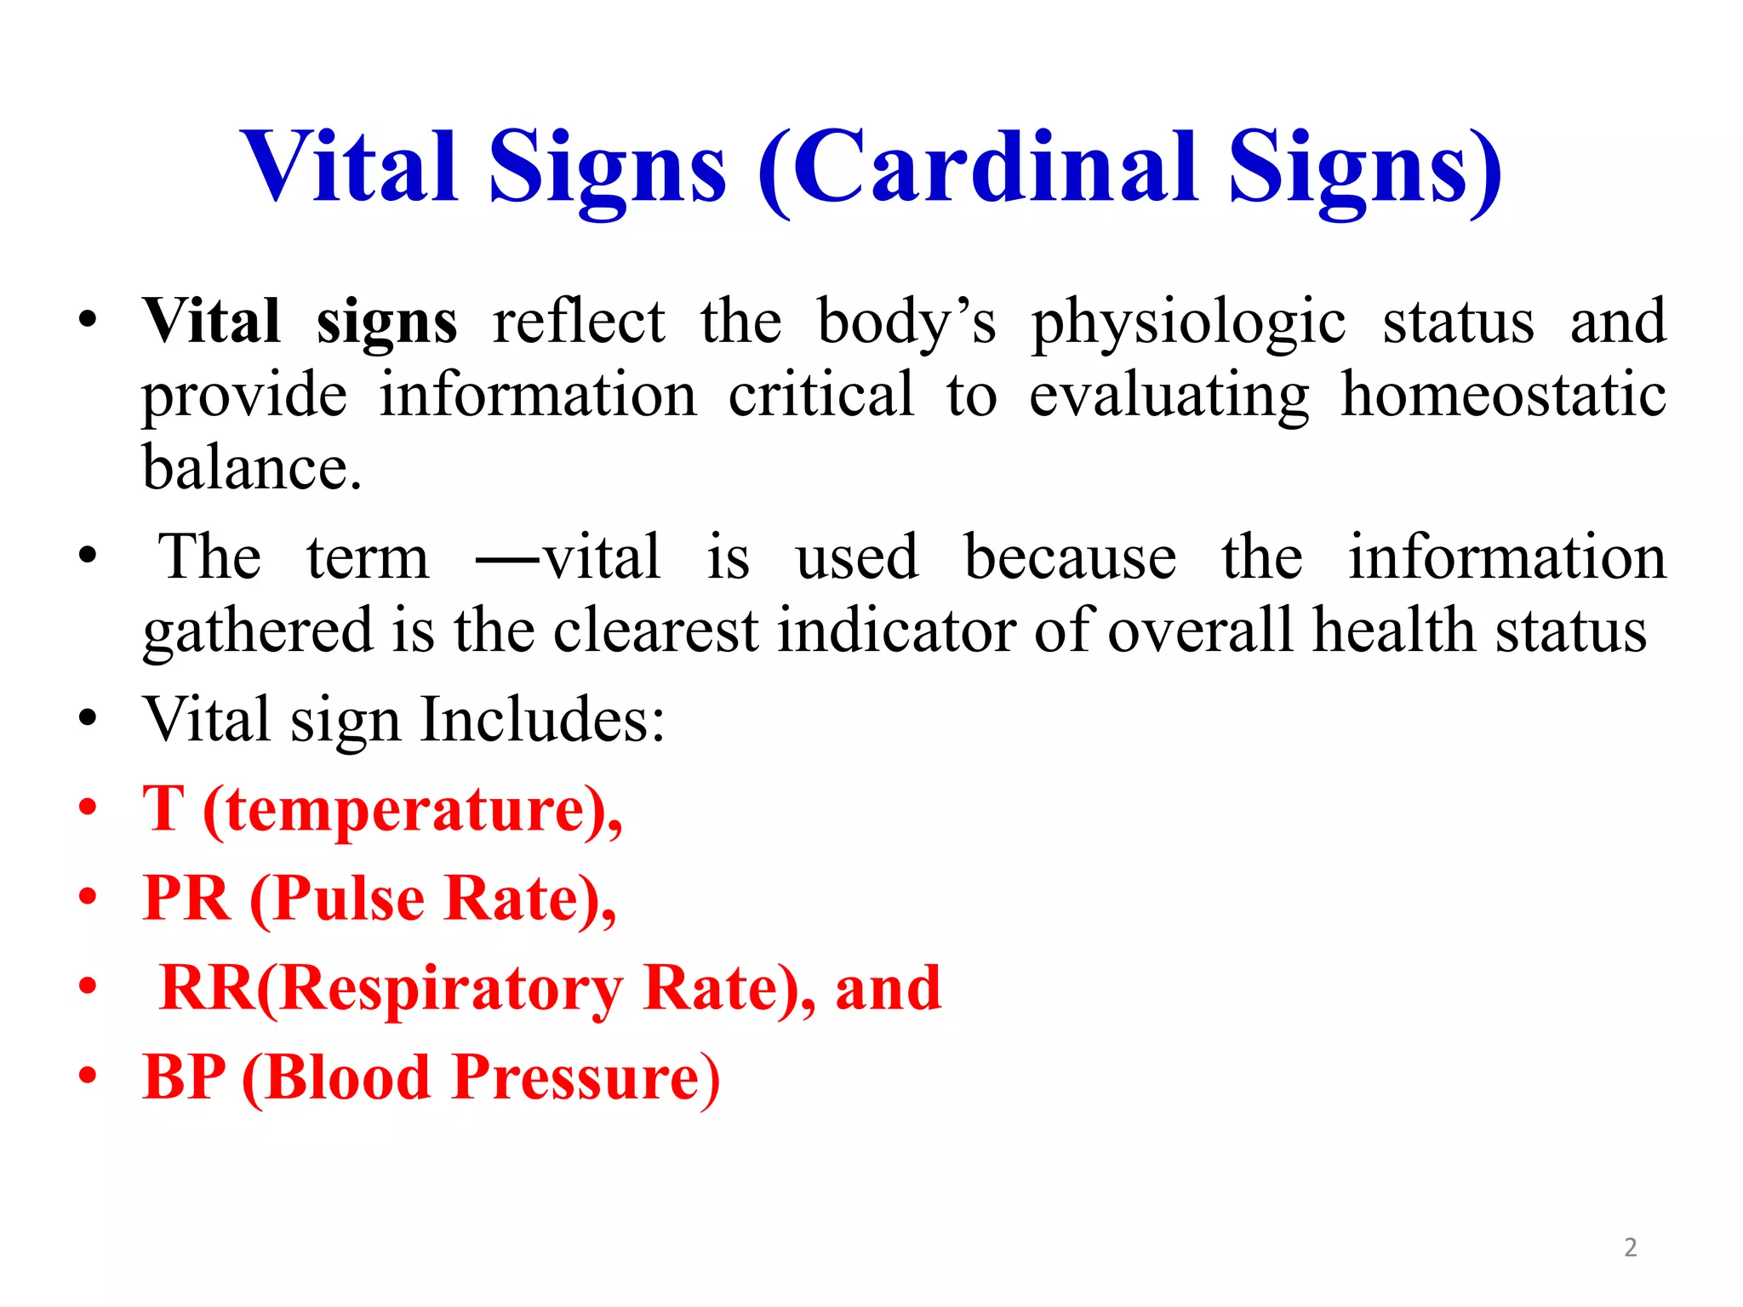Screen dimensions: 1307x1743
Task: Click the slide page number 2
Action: pos(1630,1247)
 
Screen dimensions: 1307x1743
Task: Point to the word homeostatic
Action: pos(1503,396)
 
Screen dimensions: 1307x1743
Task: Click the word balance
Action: pos(252,468)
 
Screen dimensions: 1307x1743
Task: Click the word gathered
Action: pos(258,632)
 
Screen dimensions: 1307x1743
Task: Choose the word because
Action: pos(1070,557)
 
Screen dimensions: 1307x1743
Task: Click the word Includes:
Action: pos(542,720)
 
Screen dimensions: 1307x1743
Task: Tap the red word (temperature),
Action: pos(413,811)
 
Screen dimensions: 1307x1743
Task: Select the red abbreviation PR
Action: pos(187,899)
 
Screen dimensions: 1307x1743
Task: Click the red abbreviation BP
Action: pos(185,1077)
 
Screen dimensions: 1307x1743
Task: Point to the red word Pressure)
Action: pos(586,1078)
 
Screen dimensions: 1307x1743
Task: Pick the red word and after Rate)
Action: pos(888,989)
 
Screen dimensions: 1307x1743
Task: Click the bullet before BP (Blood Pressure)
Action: pos(88,1076)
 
